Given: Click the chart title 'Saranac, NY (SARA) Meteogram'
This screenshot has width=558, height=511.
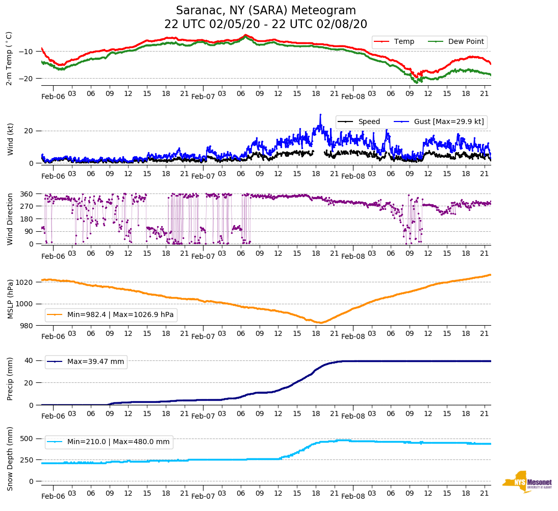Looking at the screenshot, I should [x=266, y=11].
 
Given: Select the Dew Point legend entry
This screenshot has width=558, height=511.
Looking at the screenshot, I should [x=466, y=42].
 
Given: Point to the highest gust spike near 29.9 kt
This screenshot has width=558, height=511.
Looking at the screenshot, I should [x=320, y=115].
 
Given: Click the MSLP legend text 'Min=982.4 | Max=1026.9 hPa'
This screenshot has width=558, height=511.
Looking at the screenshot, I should [x=120, y=315].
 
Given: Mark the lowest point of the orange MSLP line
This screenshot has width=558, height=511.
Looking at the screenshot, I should [x=320, y=323].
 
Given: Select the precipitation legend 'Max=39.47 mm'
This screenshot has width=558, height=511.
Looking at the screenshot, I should [x=95, y=362].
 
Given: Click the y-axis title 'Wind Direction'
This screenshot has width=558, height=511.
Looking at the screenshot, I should [x=10, y=219].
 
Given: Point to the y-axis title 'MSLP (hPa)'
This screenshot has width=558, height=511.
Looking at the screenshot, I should [x=10, y=299].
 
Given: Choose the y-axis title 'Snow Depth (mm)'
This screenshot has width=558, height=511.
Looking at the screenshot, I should [x=10, y=459].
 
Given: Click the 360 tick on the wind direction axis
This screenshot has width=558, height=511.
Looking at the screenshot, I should [x=27, y=194].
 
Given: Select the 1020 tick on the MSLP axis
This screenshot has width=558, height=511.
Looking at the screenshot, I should [x=25, y=282].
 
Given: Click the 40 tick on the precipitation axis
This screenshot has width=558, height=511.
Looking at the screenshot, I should [x=29, y=360].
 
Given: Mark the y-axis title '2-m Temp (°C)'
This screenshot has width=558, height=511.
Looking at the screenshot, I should [x=9, y=58].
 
